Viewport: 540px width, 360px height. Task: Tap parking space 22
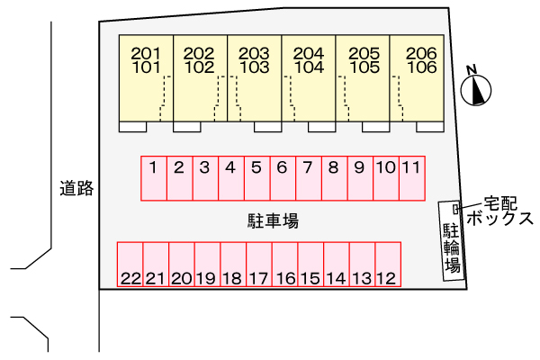[130, 265]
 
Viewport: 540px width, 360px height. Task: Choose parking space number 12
[387, 265]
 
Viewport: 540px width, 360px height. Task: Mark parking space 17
[259, 265]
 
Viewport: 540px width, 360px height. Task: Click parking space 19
[207, 265]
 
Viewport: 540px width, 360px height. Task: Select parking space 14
[336, 265]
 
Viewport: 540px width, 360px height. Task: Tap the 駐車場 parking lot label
[273, 220]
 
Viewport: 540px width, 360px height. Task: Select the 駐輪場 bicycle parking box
[452, 241]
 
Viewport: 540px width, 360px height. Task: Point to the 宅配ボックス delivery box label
[506, 211]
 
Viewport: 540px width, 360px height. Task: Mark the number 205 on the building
[364, 53]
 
